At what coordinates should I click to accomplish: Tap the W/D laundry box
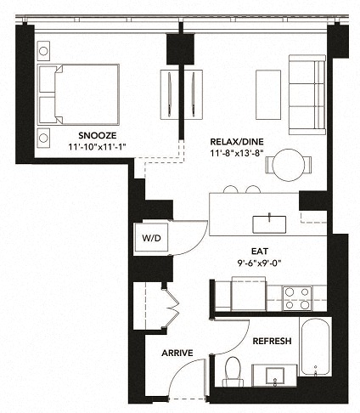152,237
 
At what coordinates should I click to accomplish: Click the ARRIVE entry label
177,353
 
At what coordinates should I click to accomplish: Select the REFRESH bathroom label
272,341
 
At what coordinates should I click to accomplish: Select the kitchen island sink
268,223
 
